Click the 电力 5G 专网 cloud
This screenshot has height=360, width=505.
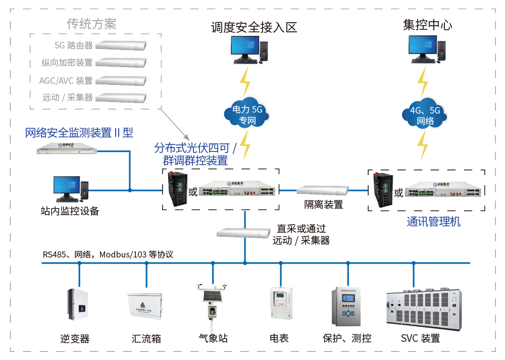coord(244,115)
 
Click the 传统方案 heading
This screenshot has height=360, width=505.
coord(91,24)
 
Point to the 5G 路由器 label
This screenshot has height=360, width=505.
coord(74,45)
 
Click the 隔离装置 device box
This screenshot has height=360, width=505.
coord(323,191)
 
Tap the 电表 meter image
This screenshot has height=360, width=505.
coord(280,303)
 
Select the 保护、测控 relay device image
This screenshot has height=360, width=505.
coord(347,306)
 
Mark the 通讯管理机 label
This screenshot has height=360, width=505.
coord(433,222)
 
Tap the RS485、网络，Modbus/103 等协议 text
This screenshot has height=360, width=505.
coord(108,254)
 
